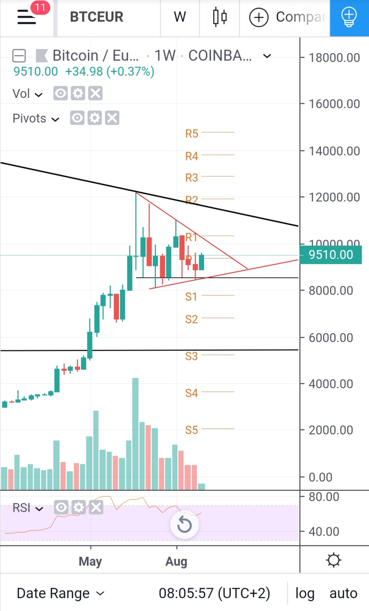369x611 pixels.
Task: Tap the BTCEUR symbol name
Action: coord(96,17)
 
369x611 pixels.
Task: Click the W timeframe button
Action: coord(180,17)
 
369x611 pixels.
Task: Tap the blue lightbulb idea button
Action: coord(349,17)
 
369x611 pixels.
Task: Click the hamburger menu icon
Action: coord(27,17)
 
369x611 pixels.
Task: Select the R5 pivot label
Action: coord(192,134)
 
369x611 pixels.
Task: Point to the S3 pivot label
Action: coord(192,356)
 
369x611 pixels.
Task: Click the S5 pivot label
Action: coord(192,430)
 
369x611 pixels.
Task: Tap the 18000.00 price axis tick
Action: coord(334,58)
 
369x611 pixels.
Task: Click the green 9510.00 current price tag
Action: coord(330,255)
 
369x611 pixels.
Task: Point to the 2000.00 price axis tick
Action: coord(331,430)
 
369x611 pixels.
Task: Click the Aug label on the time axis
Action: coord(176,561)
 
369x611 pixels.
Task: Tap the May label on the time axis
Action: coord(91,561)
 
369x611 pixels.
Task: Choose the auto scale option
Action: coord(343,593)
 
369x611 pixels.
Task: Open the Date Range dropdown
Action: coord(60,593)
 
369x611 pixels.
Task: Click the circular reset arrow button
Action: coord(184,525)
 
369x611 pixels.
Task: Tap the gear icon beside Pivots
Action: coord(95,118)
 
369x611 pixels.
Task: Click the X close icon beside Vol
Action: coord(95,93)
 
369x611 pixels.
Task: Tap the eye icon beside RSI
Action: coord(61,508)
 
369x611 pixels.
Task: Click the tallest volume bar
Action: coord(135,434)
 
